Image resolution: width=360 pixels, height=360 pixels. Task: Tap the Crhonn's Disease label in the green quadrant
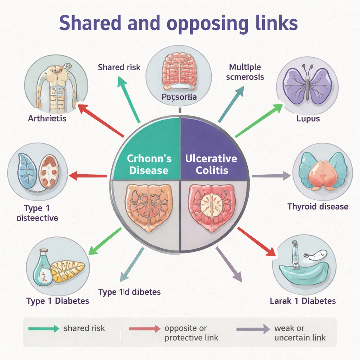149,165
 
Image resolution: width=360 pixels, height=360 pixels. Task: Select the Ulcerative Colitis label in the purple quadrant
211,165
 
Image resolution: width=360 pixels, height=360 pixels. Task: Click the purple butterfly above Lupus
307,85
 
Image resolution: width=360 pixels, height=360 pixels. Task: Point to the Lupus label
308,118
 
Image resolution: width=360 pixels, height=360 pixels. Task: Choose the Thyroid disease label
318,206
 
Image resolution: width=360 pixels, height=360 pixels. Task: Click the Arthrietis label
47,118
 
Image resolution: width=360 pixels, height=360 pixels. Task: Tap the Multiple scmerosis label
245,72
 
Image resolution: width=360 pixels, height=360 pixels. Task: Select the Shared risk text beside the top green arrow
119,67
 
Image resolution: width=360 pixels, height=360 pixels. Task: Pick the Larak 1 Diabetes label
303,301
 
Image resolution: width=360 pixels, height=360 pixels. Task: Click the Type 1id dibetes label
129,292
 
